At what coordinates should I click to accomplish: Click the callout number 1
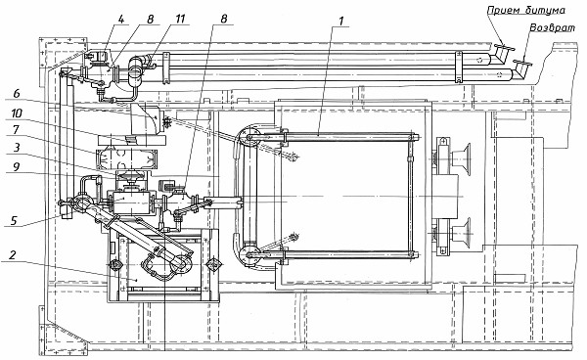[x=341, y=21]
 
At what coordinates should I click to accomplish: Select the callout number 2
[x=13, y=256]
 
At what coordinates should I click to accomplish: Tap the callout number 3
[x=16, y=148]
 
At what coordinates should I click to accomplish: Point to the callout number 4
[x=121, y=19]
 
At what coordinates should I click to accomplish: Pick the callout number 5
[x=14, y=220]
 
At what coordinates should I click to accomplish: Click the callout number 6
[x=16, y=94]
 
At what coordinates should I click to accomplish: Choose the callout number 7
[x=16, y=129]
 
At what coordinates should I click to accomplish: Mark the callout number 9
[x=16, y=166]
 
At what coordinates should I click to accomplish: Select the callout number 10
[x=17, y=112]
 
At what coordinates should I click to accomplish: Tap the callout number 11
[x=180, y=19]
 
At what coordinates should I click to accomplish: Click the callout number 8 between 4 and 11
[x=150, y=19]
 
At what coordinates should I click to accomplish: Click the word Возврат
[x=552, y=28]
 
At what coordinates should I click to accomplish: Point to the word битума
[x=545, y=10]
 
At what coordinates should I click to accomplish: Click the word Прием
[x=504, y=10]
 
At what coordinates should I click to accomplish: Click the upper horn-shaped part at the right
[x=461, y=157]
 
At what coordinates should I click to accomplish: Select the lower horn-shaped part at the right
[x=461, y=232]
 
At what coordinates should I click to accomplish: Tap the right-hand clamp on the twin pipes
[x=459, y=67]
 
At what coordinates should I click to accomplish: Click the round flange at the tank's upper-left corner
[x=248, y=138]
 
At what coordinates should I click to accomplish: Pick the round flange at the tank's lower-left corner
[x=248, y=255]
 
